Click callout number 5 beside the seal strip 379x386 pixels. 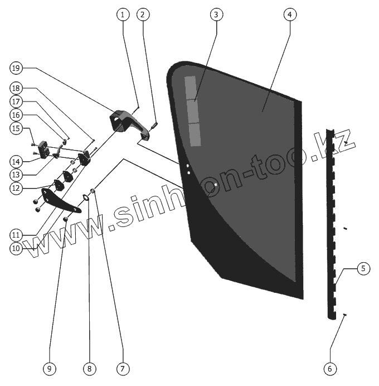(x=362, y=268)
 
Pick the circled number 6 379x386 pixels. (x=330, y=368)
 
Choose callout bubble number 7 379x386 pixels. (x=123, y=368)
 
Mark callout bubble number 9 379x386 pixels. (x=50, y=368)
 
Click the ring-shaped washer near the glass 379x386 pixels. (x=87, y=196)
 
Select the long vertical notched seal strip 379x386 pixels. (x=333, y=223)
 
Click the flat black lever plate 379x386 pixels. (x=60, y=201)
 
